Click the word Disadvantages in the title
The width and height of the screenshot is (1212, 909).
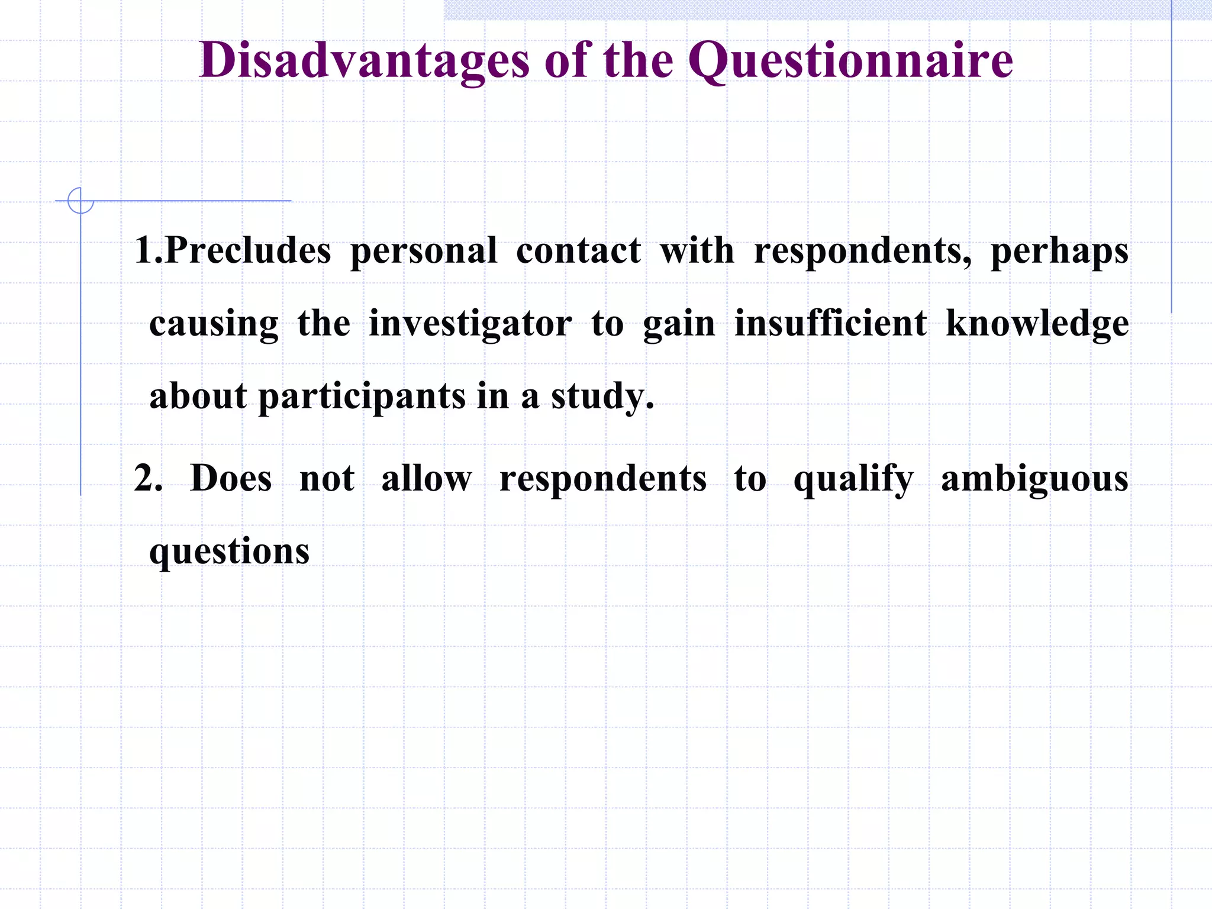point(364,61)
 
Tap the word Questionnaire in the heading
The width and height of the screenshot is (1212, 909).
point(850,61)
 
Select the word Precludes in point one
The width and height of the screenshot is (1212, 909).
point(248,251)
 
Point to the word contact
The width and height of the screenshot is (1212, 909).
point(578,251)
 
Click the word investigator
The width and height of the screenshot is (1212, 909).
point(470,324)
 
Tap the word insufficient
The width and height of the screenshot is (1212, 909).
point(830,323)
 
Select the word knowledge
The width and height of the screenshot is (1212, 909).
point(1037,324)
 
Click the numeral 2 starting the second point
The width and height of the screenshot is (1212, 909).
point(144,478)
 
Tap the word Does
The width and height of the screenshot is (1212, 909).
point(231,478)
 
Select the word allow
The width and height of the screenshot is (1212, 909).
point(427,478)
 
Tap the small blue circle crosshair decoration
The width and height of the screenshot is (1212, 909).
point(80,201)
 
